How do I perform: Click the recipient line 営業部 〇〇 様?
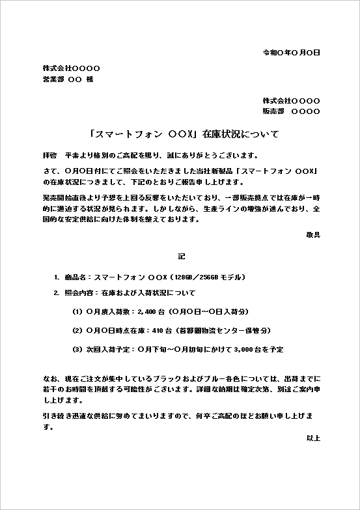tap(68, 79)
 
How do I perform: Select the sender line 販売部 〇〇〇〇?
tap(291, 111)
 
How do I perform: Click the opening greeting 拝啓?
tap(49, 156)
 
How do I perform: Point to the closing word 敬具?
tap(313, 234)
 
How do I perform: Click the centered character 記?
tap(180, 256)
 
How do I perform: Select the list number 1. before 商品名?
tap(57, 277)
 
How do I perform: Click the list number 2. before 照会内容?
tap(57, 292)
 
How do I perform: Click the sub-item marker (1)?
tap(77, 311)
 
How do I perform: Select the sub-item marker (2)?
tap(77, 330)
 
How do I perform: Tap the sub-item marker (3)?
tap(77, 349)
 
